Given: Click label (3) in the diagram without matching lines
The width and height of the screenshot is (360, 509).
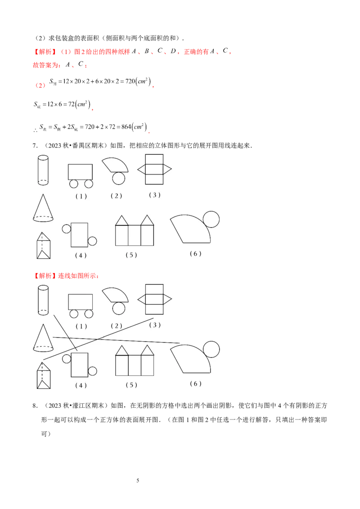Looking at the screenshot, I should [x=154, y=195].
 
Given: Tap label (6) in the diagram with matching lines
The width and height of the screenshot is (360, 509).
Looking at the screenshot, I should [x=195, y=384].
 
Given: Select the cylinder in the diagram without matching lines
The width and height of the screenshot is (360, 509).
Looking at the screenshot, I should [x=43, y=170].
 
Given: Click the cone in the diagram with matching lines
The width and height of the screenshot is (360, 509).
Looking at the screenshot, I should [x=43, y=338].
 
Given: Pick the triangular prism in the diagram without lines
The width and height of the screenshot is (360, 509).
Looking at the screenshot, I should [x=44, y=246].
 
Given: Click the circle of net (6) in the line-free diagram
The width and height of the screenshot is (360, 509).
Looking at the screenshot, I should [x=211, y=219].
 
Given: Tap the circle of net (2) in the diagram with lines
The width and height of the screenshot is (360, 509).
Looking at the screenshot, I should [x=118, y=308].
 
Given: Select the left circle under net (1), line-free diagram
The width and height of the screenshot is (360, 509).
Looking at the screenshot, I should [x=73, y=184].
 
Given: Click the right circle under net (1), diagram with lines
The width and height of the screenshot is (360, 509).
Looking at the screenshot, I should [x=89, y=314].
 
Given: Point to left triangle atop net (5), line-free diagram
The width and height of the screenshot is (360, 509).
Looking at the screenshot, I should [x=122, y=221].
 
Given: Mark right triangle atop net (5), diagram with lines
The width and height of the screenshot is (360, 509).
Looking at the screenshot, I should [x=147, y=351].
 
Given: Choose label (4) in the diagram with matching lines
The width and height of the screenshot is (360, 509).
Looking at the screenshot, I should [x=81, y=385].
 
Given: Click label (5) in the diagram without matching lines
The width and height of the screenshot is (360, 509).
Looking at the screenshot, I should [x=131, y=255].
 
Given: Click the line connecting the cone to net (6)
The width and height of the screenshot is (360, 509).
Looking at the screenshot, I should [x=117, y=340].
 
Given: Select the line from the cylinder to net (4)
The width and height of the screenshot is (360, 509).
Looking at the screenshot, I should [x=66, y=333].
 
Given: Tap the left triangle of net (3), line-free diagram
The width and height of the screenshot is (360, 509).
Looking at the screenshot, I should [x=141, y=169].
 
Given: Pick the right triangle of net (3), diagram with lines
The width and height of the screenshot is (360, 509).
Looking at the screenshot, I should [x=167, y=299].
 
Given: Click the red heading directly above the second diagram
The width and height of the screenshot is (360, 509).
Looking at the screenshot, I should [x=67, y=275].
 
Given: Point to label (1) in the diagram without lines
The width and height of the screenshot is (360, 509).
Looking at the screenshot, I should [x=81, y=196].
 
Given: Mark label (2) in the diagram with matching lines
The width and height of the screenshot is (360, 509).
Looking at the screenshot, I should [x=116, y=326].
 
